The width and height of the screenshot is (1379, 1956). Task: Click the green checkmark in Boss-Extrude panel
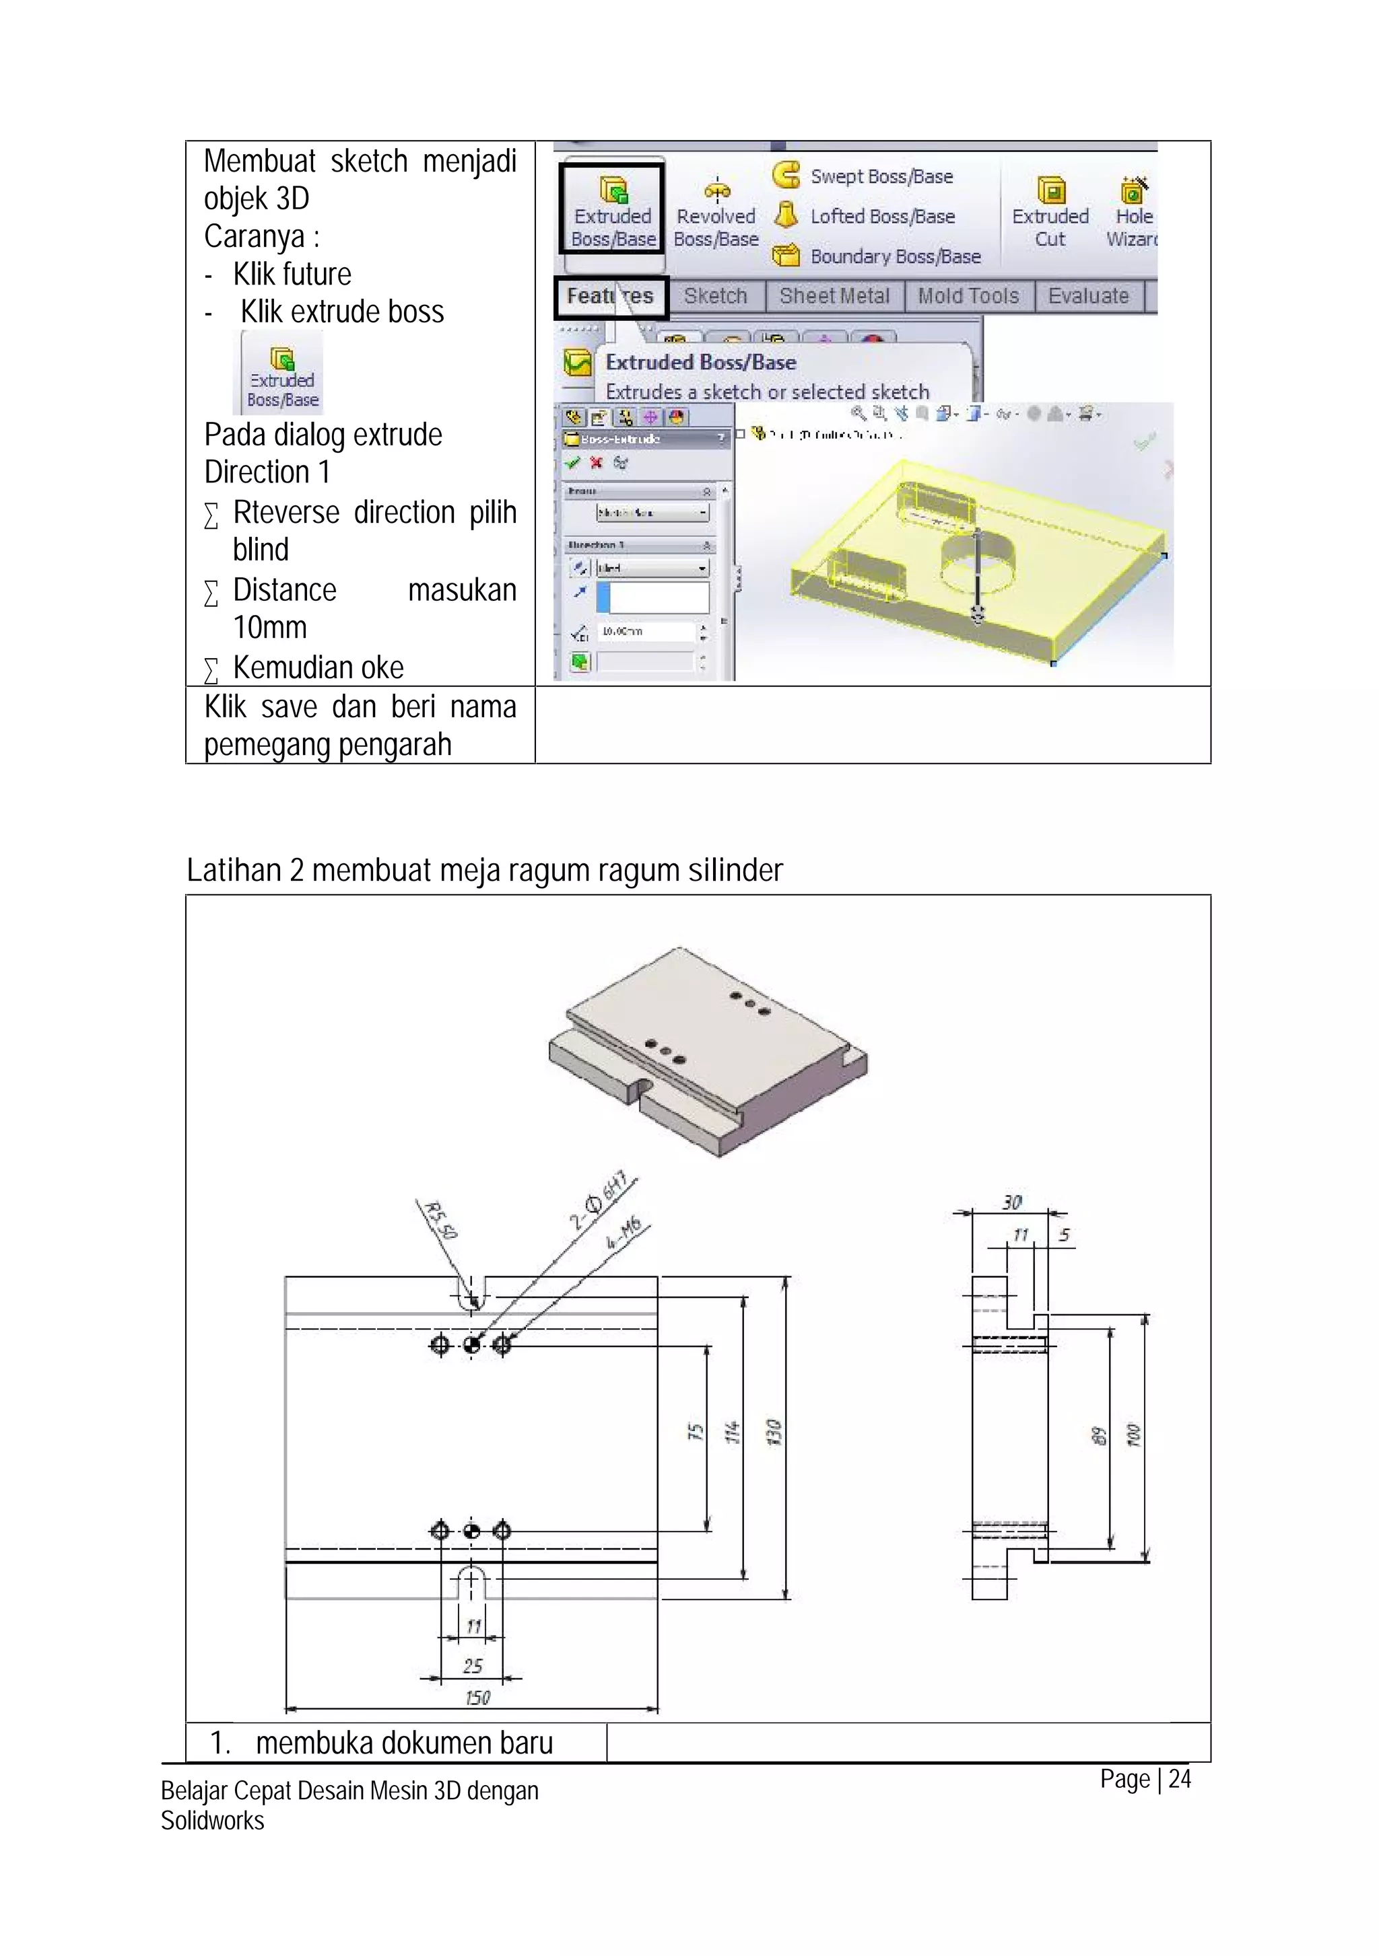pos(573,463)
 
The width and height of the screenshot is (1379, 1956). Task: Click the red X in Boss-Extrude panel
pos(596,463)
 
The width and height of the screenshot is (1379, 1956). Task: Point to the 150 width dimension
pos(477,1698)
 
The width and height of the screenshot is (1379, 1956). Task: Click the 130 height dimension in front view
pos(773,1431)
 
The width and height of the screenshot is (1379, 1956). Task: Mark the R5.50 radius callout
pos(442,1219)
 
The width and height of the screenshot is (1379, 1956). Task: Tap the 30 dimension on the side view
pos(1011,1202)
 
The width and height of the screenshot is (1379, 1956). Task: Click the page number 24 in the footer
pos(1180,1779)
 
